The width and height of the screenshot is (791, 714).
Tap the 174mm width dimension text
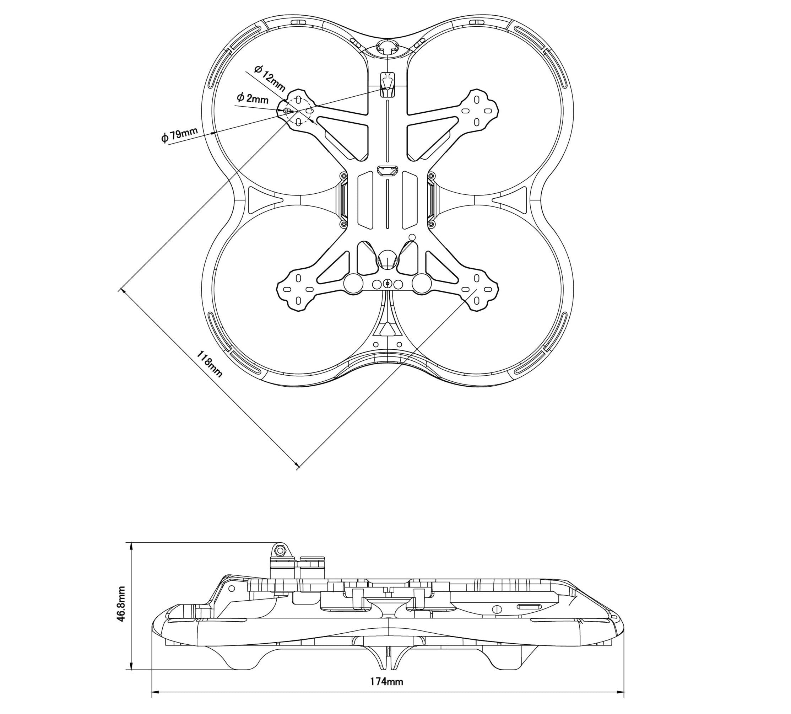[386, 681]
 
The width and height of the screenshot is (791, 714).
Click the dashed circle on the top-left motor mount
[298, 110]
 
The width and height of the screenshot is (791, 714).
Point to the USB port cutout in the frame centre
[387, 171]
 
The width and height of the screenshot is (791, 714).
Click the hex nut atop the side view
[280, 551]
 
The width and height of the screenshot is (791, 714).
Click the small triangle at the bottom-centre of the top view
[387, 329]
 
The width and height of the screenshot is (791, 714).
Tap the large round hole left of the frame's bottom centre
[353, 283]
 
